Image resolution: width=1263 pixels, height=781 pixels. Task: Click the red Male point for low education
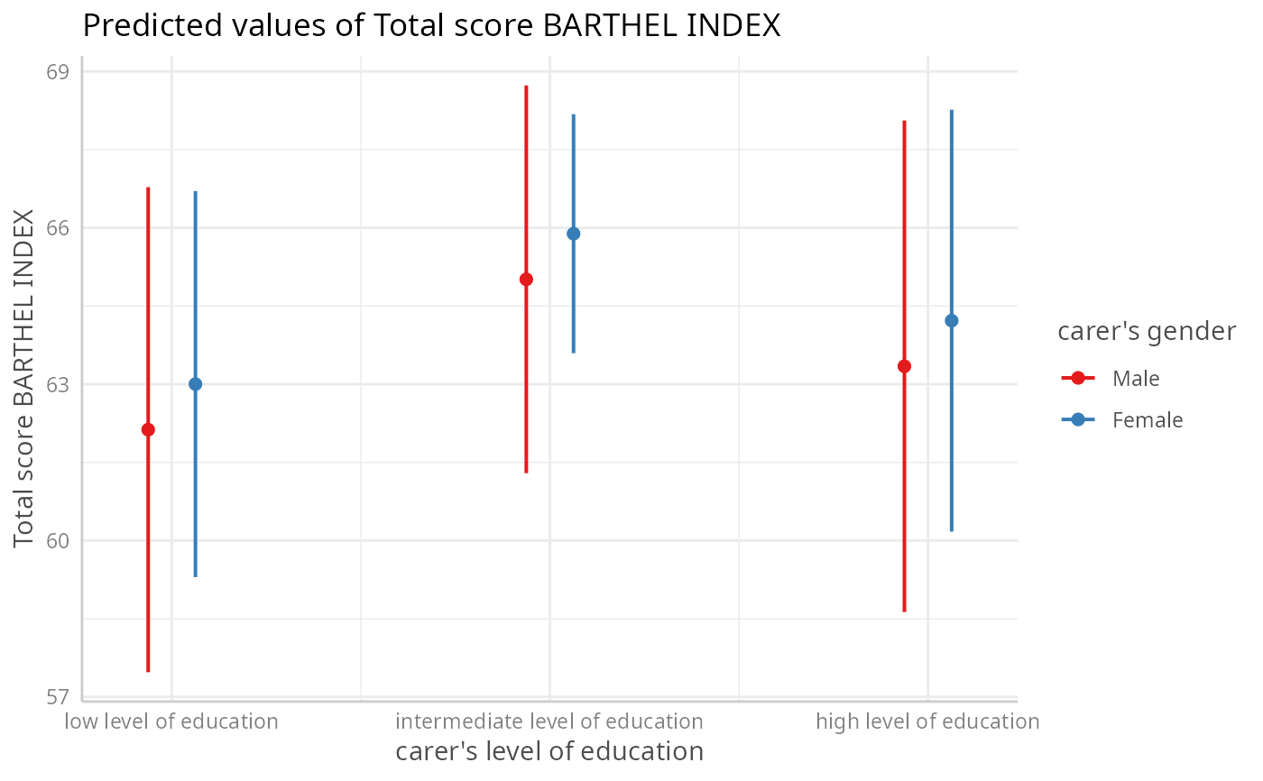[x=148, y=429]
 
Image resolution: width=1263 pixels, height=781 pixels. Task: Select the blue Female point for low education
[x=195, y=383]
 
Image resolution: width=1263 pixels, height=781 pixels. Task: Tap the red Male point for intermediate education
[x=526, y=279]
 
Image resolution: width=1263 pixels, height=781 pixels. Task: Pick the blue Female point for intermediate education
[x=573, y=234]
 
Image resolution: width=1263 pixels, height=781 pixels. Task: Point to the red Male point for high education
[x=904, y=366]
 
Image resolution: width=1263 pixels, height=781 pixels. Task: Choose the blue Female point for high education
[x=951, y=320]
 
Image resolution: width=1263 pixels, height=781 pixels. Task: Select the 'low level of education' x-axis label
[x=171, y=721]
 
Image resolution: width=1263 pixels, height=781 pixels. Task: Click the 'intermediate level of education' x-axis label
[x=549, y=721]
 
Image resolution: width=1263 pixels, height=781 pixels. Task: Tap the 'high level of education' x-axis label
[x=927, y=721]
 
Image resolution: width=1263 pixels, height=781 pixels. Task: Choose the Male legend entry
[x=1136, y=378]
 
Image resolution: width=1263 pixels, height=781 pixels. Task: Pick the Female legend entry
[x=1147, y=419]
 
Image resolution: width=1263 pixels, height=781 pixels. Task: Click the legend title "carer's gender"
[x=1146, y=332]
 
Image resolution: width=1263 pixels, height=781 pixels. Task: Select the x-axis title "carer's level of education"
[x=549, y=751]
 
